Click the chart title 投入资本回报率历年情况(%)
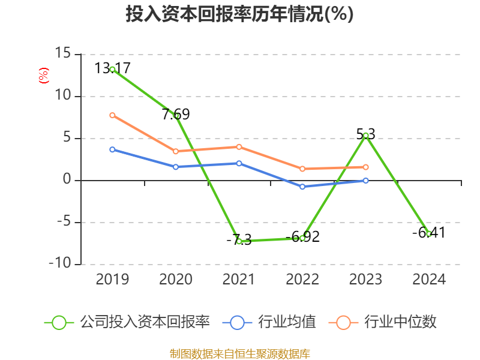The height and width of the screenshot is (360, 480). pos(239,14)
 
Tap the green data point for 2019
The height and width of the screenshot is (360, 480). pos(112,70)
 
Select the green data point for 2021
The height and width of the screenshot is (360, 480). pos(239,241)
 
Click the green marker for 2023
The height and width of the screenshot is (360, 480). pos(365,135)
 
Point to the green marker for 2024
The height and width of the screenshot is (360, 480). pos(429,234)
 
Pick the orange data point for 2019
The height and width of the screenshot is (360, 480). pos(112,115)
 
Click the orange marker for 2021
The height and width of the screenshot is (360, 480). pos(239,147)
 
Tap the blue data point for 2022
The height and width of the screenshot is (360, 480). pos(302,187)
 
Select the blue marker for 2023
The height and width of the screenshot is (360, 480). pos(365,181)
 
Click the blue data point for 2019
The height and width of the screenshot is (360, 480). pos(112,149)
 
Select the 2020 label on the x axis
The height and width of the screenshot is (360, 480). pos(175,280)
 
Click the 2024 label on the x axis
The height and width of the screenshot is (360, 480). pos(429,280)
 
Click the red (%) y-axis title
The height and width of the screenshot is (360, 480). pos(43,76)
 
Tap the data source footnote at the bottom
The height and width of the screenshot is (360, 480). pos(239,353)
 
